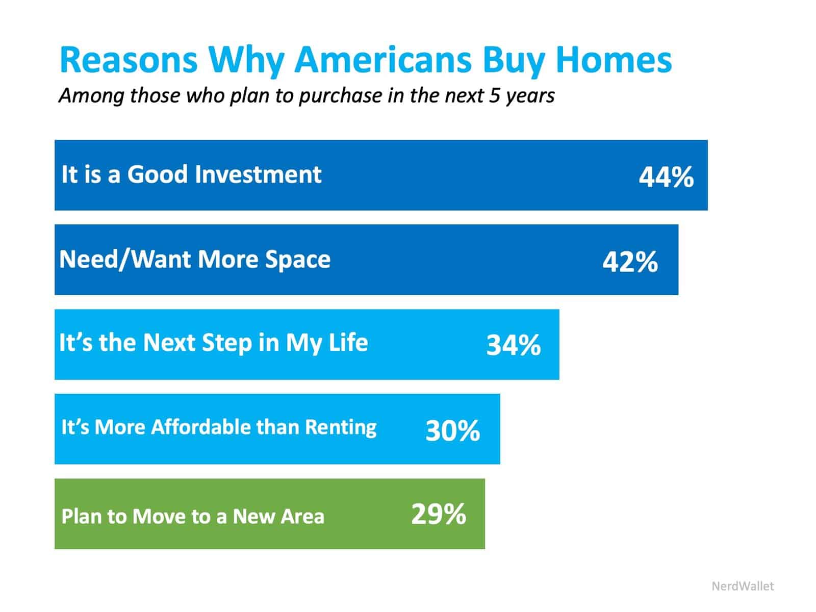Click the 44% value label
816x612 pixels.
pos(666,177)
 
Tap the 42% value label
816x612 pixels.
pos(630,262)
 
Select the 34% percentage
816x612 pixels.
pos(513,345)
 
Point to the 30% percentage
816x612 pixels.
pos(452,430)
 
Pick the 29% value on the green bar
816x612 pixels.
pos(438,514)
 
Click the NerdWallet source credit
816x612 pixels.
pos(742,586)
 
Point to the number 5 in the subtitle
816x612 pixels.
pos(494,96)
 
